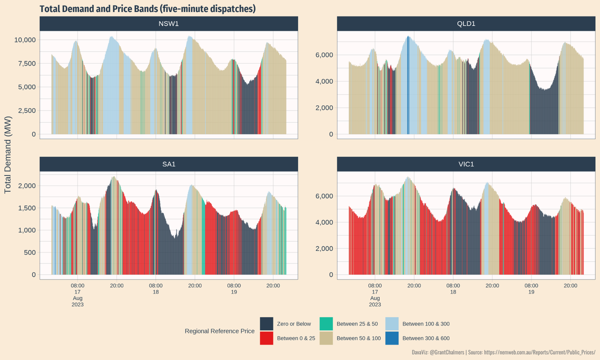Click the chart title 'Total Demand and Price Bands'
coord(147,9)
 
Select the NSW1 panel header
coord(168,23)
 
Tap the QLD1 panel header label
coord(466,23)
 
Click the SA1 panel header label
coord(168,164)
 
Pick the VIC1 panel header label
coord(466,164)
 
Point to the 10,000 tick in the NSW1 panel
coord(24,40)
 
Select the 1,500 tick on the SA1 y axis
coord(26,208)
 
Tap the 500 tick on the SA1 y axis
coord(30,252)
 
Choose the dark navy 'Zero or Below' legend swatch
coord(266,323)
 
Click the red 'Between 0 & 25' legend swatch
coord(266,338)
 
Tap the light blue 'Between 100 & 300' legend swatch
coord(392,323)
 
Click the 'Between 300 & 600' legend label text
coord(426,338)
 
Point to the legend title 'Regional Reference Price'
coord(219,331)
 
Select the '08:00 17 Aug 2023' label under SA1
coord(78,294)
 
